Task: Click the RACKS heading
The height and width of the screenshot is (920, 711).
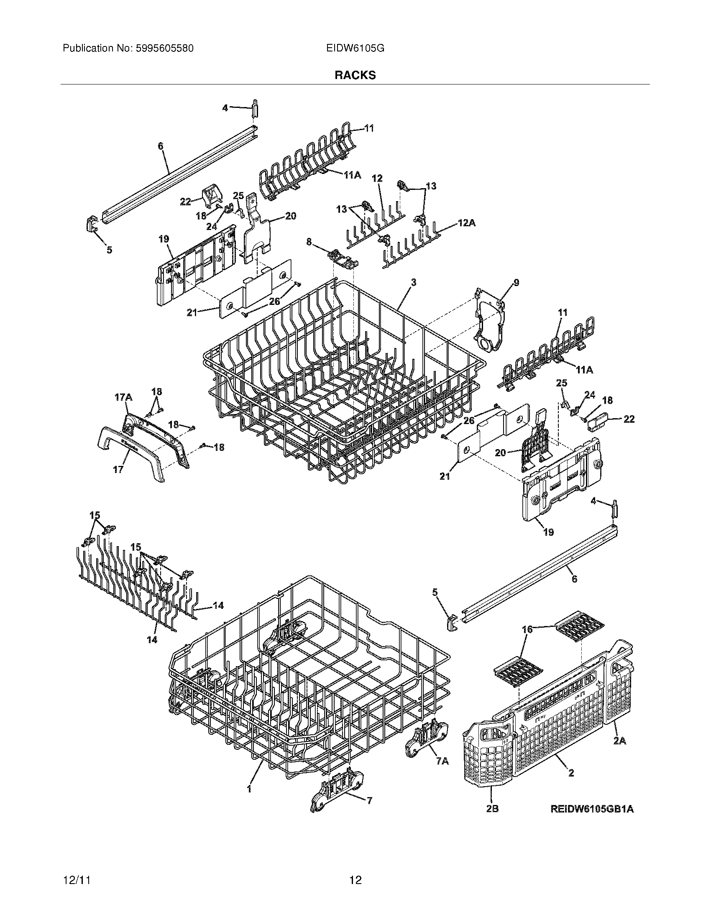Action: (x=355, y=75)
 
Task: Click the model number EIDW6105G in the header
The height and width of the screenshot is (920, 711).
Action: (x=355, y=49)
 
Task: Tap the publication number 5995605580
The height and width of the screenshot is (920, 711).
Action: (x=164, y=49)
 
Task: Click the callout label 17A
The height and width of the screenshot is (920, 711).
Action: (x=123, y=397)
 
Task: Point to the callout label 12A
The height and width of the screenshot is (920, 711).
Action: (x=466, y=223)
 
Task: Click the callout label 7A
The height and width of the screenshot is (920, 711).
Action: (x=442, y=761)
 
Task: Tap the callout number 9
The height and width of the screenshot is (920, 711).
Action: (x=517, y=283)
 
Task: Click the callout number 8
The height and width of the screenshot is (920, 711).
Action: (x=309, y=242)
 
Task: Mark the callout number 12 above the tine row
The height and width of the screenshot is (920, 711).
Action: (x=377, y=179)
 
